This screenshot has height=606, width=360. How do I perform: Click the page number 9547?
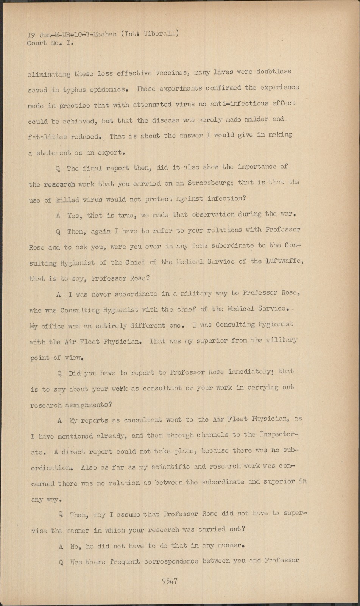pos(169,581)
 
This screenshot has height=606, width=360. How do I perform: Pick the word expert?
pos(110,152)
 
